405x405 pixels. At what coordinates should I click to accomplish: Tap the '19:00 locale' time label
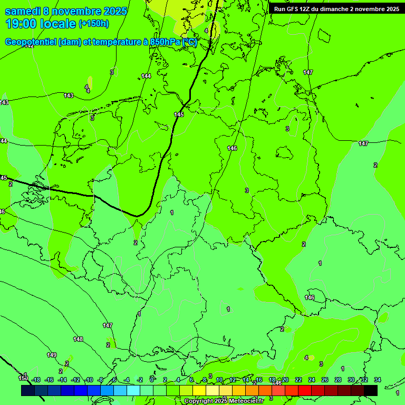pyautogui.click(x=40, y=24)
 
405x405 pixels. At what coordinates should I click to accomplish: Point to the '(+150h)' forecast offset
pyautogui.click(x=94, y=24)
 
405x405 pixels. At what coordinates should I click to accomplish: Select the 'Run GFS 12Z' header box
pyautogui.click(x=336, y=8)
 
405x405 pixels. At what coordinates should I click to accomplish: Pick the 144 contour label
pyautogui.click(x=146, y=76)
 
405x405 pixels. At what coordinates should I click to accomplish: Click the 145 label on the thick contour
pyautogui.click(x=179, y=114)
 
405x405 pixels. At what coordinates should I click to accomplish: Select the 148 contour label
pyautogui.click(x=78, y=339)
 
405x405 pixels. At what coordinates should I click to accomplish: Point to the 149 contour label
pyautogui.click(x=52, y=355)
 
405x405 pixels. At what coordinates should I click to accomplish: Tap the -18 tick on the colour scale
pyautogui.click(x=36, y=380)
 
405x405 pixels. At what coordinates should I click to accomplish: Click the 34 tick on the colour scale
pyautogui.click(x=378, y=380)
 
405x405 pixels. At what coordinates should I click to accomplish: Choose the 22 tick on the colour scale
pyautogui.click(x=298, y=380)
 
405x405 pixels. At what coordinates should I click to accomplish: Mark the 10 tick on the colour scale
pyautogui.click(x=219, y=380)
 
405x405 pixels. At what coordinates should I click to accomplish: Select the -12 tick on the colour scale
pyautogui.click(x=75, y=380)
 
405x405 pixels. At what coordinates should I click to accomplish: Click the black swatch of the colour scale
pyautogui.click(x=371, y=390)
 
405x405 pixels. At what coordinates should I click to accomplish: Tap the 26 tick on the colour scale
pyautogui.click(x=325, y=380)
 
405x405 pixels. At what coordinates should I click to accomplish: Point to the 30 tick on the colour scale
pyautogui.click(x=351, y=380)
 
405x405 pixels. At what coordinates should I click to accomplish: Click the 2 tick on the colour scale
pyautogui.click(x=165, y=380)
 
